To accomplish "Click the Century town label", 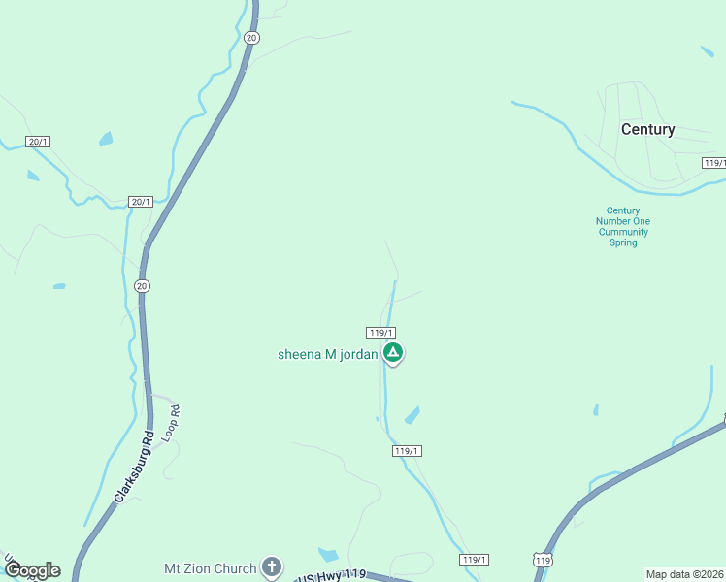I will pos(647,129).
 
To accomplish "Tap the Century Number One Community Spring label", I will pos(623,227).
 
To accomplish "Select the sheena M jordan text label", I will pos(327,354).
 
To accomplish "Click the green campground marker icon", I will pos(392,353).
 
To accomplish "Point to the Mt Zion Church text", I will pos(210,568).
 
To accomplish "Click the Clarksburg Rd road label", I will pos(134,466).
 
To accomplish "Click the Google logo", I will pos(32,570).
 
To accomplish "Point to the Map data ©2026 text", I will pos(685,574).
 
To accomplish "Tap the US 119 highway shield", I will pos(543,561).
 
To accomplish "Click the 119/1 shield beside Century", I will pos(714,163).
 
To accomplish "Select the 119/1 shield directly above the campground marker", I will pos(380,332).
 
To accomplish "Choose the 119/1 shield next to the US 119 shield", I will pos(474,560).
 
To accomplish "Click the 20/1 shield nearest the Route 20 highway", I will pos(141,202).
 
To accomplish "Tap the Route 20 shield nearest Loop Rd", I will pos(142,286).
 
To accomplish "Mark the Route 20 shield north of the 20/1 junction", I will pos(251,37).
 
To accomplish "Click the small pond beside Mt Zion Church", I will pos(329,555).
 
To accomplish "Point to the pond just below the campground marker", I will pos(412,415).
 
